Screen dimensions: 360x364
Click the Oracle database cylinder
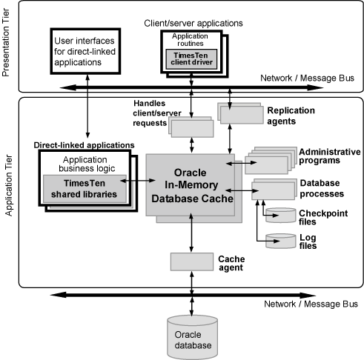[x=192, y=333]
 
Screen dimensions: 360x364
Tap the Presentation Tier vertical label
[x=8, y=49]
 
